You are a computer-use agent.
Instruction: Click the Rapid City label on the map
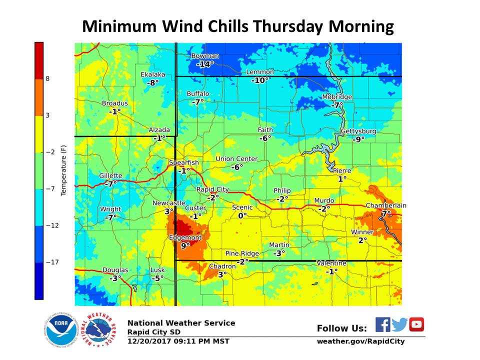212,189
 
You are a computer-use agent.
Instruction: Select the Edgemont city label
185,237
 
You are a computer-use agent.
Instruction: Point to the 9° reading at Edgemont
185,245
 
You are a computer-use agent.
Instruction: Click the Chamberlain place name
386,205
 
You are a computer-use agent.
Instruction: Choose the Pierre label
342,170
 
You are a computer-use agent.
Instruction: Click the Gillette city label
110,175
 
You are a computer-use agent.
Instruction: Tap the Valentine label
331,263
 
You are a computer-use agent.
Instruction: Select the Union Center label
236,159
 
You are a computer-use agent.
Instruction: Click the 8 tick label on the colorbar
48,78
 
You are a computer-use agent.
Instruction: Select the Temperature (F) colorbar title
63,169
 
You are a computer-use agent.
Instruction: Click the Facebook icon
382,324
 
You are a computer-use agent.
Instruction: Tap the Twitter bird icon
399,324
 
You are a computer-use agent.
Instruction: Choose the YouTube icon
416,324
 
